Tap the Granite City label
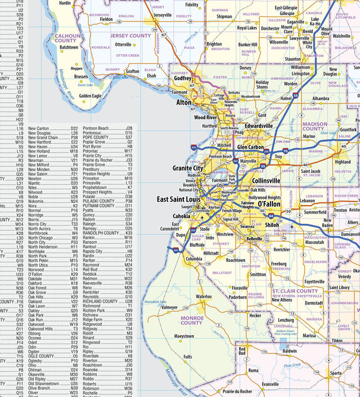[188, 169]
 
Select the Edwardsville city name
[250, 126]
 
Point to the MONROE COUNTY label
[192, 320]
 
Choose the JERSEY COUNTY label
[131, 36]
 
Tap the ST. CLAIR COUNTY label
[295, 291]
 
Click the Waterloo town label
[203, 296]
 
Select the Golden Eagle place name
[90, 96]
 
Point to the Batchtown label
[69, 47]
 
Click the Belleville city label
[254, 239]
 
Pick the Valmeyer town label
[169, 308]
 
